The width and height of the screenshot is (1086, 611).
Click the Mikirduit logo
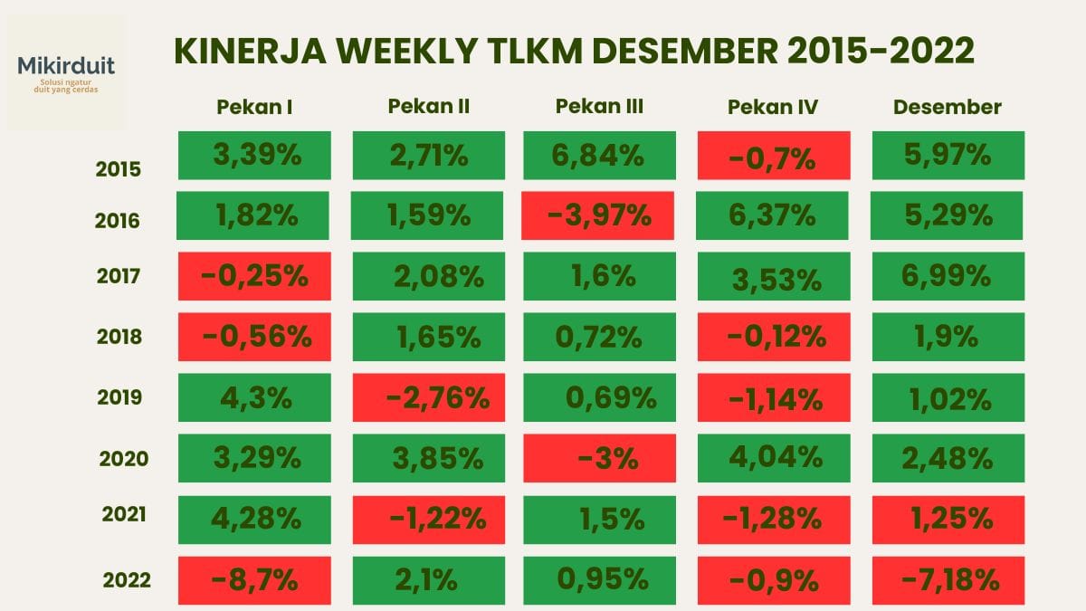pos(66,72)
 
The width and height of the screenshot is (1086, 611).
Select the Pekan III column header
pos(599,106)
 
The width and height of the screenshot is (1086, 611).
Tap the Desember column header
pos(947,107)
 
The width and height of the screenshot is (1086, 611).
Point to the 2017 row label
pos(119,276)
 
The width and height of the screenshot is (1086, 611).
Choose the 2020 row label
pos(124,458)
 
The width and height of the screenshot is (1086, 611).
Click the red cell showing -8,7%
pos(254,579)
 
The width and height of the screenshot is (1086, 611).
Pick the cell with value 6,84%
pos(599,155)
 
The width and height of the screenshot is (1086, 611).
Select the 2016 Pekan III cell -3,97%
pos(599,215)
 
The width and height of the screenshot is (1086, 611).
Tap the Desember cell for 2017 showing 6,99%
pos(948,276)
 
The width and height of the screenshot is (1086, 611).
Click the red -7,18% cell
pos(948,579)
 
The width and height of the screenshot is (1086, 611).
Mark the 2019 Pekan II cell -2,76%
pos(427,397)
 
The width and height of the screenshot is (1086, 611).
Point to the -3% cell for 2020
pos(599,458)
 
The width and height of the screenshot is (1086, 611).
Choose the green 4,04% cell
pos(774,458)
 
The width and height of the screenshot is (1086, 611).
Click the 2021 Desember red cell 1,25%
pos(948,519)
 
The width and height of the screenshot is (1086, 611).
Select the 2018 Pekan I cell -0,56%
pos(254,337)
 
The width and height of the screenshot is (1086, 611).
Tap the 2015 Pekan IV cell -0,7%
pos(774,155)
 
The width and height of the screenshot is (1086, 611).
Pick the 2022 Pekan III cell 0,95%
pos(599,579)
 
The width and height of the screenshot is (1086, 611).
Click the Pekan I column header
pos(254,107)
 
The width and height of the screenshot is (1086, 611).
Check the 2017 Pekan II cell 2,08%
pos(427,276)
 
